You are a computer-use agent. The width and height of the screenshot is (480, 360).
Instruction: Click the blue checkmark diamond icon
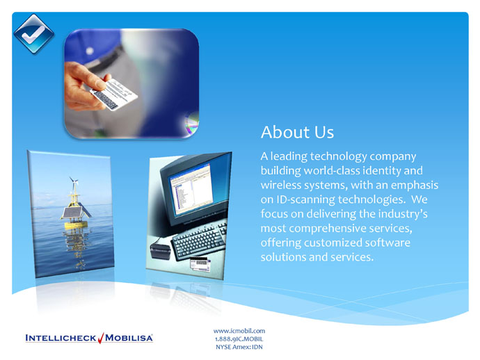[34, 34]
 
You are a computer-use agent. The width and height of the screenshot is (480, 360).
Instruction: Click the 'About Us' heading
[297, 132]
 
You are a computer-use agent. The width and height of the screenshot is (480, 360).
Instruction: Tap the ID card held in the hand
[114, 95]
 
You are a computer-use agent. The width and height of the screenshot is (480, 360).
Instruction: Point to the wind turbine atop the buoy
[74, 183]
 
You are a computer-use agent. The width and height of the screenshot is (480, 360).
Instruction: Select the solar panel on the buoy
[73, 212]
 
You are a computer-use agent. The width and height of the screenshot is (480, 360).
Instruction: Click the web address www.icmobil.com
[239, 331]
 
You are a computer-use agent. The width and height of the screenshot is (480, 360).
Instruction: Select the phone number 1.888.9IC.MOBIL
[239, 339]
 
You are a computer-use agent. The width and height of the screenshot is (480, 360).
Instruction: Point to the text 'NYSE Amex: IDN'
[239, 347]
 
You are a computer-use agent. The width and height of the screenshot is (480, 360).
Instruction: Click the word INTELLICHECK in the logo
[61, 338]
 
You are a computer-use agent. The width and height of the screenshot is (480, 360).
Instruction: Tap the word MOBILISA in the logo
[129, 338]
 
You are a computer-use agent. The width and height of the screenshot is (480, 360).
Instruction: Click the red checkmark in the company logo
[101, 338]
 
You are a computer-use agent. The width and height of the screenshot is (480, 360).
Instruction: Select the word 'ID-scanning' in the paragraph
[305, 199]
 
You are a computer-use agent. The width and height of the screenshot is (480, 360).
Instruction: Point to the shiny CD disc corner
[192, 124]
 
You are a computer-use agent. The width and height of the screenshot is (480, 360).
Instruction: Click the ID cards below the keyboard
[200, 265]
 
